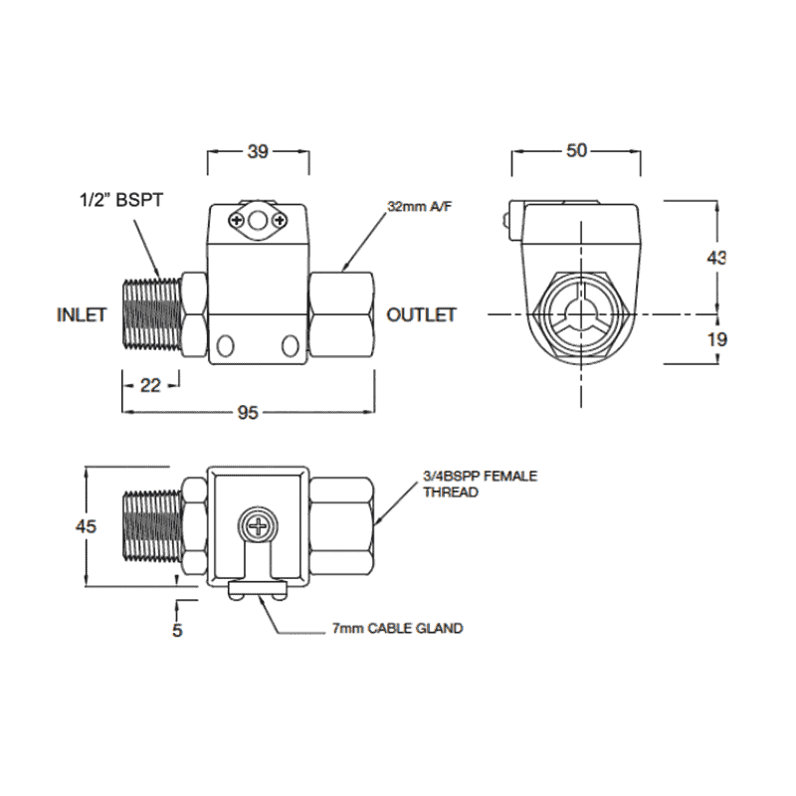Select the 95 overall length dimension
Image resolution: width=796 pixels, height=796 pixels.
(247, 412)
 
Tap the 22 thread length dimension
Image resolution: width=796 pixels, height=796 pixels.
(151, 386)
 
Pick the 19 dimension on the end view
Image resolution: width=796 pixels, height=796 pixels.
(715, 339)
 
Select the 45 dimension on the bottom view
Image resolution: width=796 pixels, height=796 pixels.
(86, 526)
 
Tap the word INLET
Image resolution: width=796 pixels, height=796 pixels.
(81, 315)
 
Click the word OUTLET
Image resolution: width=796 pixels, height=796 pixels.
(421, 315)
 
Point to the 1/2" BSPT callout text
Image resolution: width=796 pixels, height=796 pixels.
(120, 200)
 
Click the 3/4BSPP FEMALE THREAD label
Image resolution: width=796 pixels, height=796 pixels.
(479, 485)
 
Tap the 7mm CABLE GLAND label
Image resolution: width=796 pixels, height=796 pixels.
(398, 629)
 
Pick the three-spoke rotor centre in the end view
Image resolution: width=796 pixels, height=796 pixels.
(579, 314)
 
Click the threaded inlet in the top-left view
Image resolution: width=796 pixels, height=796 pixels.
(150, 315)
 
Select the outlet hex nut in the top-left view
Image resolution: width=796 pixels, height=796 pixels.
(342, 315)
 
